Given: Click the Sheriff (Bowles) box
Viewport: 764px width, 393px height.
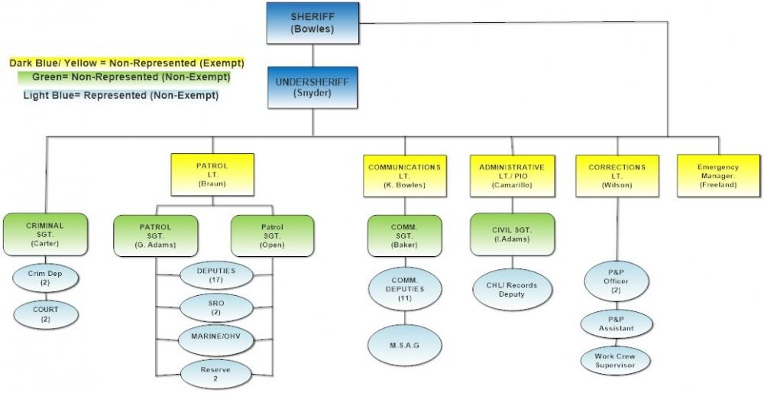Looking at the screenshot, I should (312, 23).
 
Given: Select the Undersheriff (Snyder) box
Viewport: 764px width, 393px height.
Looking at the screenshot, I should (312, 86).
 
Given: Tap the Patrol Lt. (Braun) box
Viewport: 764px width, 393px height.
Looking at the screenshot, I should (212, 174).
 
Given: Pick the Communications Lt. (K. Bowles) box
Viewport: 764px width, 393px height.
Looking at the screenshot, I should (403, 175).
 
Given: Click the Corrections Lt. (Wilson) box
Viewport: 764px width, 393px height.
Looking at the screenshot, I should (617, 175).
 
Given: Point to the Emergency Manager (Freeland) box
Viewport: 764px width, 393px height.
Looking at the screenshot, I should (718, 175).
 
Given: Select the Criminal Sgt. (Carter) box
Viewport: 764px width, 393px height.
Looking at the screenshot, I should (45, 234).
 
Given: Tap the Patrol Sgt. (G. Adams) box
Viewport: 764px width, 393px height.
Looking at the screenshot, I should (155, 235).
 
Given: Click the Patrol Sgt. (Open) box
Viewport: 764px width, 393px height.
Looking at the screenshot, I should (272, 235).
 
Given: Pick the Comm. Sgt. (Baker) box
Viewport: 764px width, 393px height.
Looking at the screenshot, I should (404, 235).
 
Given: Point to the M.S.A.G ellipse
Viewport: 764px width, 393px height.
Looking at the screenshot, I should (405, 344).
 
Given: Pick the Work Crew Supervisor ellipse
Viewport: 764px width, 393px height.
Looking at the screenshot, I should (616, 361).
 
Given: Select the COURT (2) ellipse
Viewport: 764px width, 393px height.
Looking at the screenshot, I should (45, 313).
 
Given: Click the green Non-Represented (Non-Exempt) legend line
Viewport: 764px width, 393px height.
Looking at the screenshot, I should (124, 77).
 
